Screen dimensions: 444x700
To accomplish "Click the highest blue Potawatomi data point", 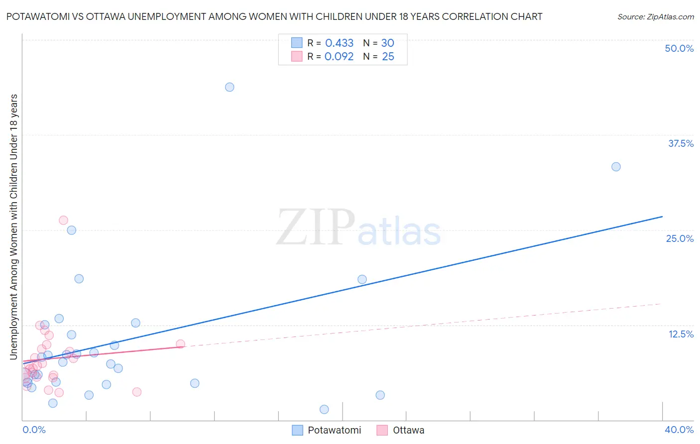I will pos(230,87).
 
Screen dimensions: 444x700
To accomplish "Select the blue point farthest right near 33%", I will pos(616,167).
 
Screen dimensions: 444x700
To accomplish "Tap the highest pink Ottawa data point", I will pos(63,220).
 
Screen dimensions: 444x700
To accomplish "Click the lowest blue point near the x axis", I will pos(324,409).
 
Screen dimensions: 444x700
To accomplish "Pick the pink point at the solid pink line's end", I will pos(180,344).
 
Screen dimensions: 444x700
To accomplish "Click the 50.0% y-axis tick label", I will pos(679,48).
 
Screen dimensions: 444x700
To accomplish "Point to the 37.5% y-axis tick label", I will pos(681,143).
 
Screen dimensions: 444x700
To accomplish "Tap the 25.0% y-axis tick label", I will pos(680,238).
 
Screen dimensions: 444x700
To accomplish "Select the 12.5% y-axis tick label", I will pos(681,334).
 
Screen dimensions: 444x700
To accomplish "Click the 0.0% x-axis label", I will pos(34,430).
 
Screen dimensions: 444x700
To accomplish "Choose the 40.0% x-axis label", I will pos(679,430).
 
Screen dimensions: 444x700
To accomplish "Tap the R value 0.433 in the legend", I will pos(339,43).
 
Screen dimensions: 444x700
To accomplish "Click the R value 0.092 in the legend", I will pos(339,57).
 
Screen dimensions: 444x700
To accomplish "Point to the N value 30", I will pos(387,43).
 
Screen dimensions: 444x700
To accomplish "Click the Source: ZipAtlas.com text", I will pos(655,17).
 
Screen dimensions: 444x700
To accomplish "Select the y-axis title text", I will pos(13,226).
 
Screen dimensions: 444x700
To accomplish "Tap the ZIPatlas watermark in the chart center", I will pos(358,228).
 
